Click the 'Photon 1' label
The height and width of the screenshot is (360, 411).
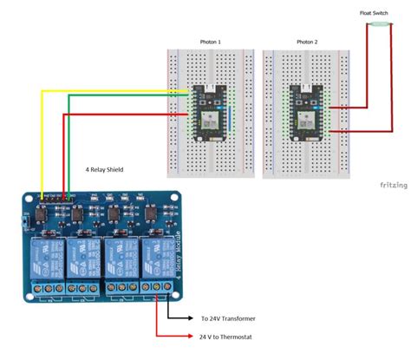(x=210, y=42)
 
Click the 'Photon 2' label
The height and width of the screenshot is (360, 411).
(x=307, y=42)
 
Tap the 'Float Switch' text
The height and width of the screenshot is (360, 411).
(x=373, y=13)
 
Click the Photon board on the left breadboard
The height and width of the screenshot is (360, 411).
(x=209, y=110)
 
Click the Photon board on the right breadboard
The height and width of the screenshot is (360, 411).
(x=306, y=110)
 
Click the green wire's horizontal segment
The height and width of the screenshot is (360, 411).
(x=121, y=96)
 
